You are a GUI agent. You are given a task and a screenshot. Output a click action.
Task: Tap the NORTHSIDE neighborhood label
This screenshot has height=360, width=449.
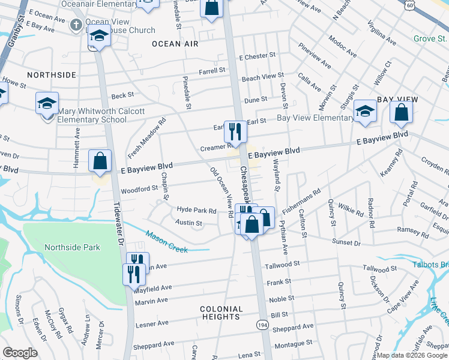[x=51, y=75]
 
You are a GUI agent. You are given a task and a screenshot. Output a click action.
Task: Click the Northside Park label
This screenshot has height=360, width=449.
[x=72, y=247]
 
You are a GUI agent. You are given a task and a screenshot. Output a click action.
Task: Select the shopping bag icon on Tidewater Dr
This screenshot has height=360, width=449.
[x=100, y=161]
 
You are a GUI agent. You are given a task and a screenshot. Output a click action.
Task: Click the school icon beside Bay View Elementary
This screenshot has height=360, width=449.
[x=365, y=111]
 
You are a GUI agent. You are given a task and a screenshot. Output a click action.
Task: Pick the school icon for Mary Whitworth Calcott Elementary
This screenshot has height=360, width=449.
[x=47, y=103]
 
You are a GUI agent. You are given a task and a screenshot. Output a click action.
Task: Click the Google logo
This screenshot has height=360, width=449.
[x=20, y=352]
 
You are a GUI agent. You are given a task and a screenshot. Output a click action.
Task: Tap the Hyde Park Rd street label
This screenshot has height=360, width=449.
[x=196, y=210]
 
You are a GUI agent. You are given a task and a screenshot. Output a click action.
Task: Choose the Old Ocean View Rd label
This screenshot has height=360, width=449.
[x=221, y=192]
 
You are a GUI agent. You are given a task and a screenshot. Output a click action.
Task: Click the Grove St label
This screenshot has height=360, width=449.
[x=427, y=39]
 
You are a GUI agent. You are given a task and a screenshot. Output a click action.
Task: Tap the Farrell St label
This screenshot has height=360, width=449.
[x=212, y=70]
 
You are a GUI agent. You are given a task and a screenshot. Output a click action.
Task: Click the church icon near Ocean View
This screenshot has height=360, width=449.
[x=76, y=25]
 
